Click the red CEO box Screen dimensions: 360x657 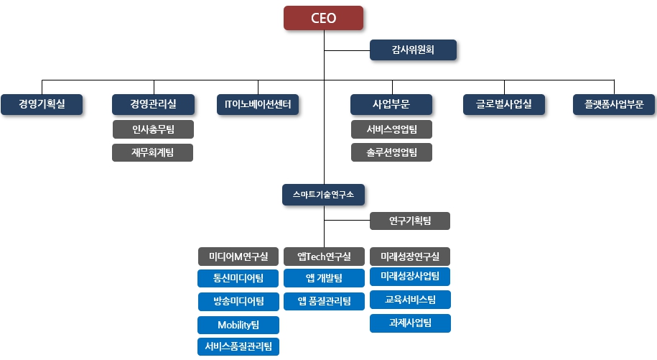(324, 18)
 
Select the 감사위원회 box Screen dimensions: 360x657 (413, 50)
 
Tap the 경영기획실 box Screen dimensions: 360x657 (42, 104)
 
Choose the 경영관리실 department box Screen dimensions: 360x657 (153, 104)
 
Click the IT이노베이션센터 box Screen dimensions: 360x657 (258, 104)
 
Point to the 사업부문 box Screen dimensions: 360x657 (391, 104)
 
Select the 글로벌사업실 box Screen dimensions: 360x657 (504, 104)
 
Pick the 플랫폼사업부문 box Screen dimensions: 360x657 (614, 104)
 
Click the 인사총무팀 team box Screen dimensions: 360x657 (153, 129)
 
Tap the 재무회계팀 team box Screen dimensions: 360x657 (153, 152)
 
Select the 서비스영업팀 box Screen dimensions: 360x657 (391, 129)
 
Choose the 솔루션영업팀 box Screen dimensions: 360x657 (391, 152)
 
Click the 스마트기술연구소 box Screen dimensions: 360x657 (324, 194)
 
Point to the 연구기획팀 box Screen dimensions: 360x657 (410, 221)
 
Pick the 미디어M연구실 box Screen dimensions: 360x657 (238, 257)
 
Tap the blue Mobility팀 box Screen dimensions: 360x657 (238, 324)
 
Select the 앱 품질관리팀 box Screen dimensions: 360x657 (324, 300)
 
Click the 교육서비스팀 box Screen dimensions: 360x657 (410, 299)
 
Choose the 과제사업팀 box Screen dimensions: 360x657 (410, 323)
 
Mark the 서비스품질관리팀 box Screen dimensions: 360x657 (238, 346)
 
